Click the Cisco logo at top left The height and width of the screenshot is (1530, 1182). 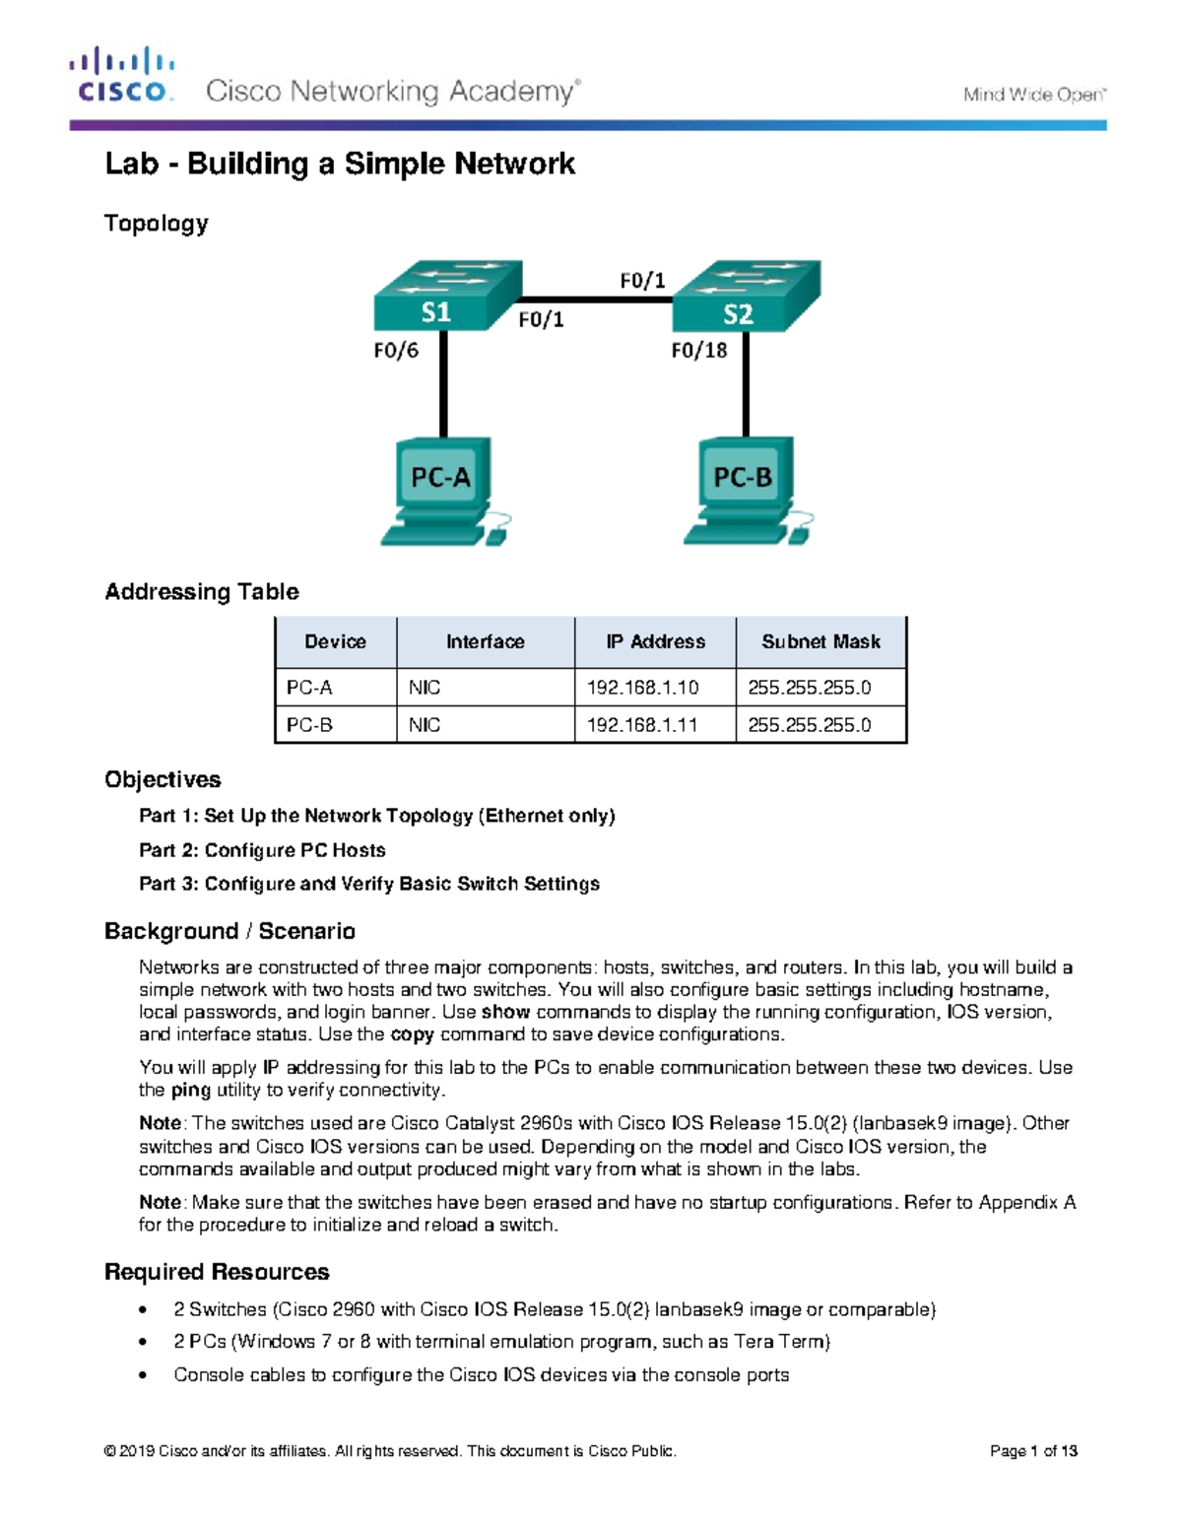(x=122, y=76)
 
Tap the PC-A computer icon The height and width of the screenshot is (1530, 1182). (x=443, y=491)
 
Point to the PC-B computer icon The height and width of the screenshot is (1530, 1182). (x=746, y=491)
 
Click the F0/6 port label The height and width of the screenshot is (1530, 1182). (x=396, y=351)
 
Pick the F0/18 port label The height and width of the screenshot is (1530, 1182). (x=698, y=351)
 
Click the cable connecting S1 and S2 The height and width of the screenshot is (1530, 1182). (x=596, y=299)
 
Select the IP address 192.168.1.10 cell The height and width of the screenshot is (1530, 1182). (x=642, y=688)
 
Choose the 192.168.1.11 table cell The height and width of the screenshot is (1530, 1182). (x=642, y=725)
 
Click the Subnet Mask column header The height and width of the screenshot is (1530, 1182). (x=821, y=642)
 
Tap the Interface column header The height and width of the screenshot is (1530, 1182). (x=485, y=642)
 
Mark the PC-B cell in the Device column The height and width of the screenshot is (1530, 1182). (x=309, y=725)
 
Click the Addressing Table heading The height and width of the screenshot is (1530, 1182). (x=202, y=592)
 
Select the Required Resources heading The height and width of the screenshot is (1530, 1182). (x=217, y=1272)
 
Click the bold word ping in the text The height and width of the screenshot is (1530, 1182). (x=191, y=1091)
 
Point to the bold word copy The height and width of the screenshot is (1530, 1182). (x=412, y=1034)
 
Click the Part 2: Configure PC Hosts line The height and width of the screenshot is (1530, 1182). (x=262, y=850)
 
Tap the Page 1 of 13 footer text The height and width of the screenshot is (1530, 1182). (x=1033, y=1451)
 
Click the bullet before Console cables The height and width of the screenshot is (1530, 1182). (x=144, y=1375)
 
